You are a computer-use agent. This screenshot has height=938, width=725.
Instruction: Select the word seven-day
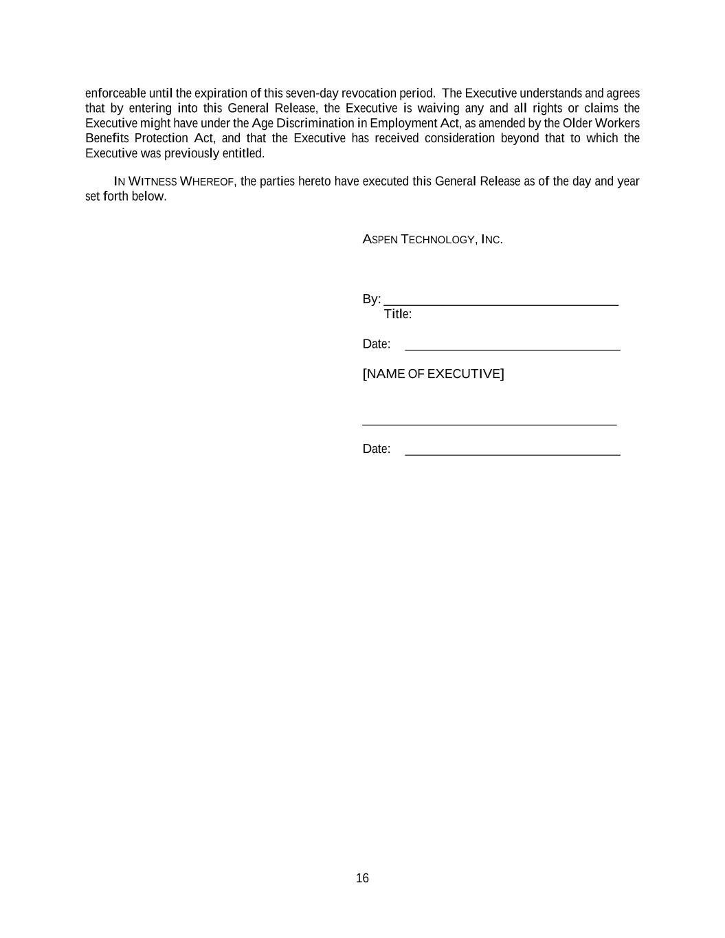(312, 93)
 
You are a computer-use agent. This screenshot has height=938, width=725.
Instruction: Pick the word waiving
(438, 108)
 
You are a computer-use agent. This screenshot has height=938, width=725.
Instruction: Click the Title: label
(398, 314)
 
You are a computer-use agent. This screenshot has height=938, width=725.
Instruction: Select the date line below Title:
(512, 348)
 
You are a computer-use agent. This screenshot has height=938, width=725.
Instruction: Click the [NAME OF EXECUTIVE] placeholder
(433, 374)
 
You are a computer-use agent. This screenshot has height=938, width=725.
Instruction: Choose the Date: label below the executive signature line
(376, 449)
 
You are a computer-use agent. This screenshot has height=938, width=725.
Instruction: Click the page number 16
(362, 878)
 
